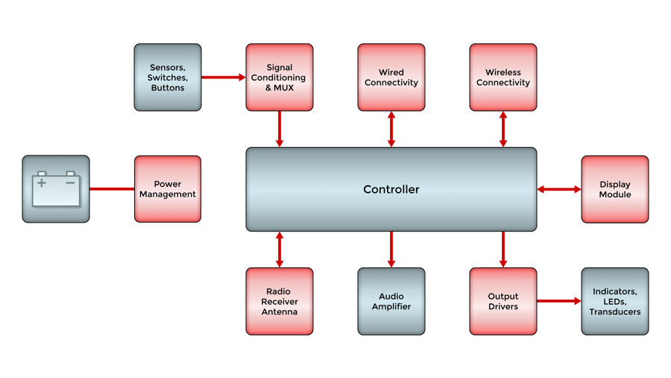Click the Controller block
391,189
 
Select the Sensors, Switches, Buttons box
168,78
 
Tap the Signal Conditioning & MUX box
279,78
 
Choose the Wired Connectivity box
391,78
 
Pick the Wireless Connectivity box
503,78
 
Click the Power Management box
168,189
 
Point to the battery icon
56,189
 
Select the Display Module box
614,189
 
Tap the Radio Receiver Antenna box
279,301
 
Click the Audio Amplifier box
391,301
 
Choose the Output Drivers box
503,301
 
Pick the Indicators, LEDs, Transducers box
614,301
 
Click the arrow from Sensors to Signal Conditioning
224,77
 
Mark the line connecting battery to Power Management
112,189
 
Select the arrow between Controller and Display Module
559,190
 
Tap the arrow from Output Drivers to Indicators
559,301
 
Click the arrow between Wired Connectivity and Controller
391,129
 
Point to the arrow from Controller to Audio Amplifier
391,249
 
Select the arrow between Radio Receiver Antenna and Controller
280,249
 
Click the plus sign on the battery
42,182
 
